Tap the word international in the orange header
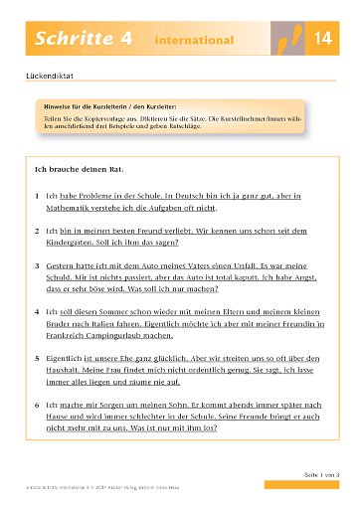tap(194, 40)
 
